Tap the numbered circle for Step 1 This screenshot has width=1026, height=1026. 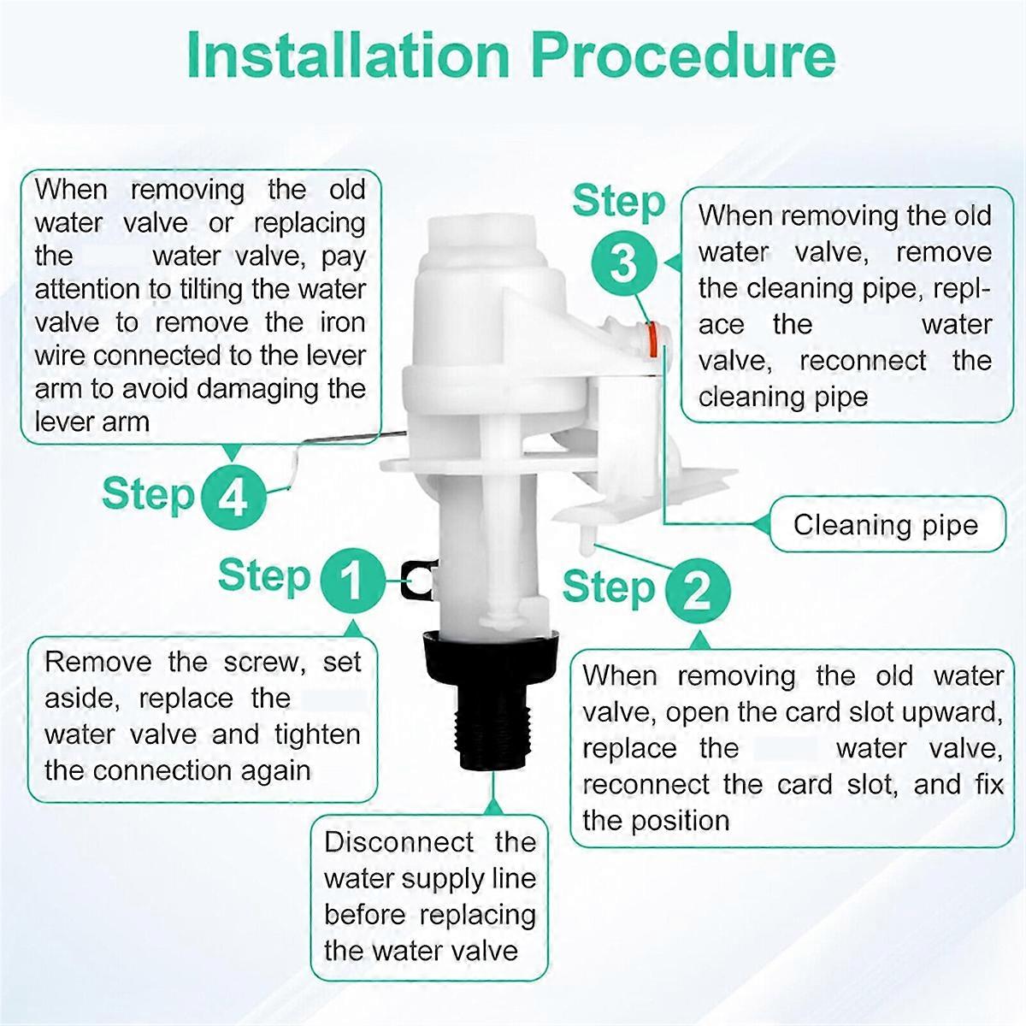coord(352,581)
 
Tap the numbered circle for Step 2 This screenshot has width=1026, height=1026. coord(697,589)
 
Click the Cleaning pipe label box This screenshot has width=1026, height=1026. coord(886,524)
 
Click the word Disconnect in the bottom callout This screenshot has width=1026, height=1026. coord(399,842)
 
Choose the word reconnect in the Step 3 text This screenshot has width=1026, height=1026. coord(863,361)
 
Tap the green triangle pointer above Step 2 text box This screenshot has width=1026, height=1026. coord(700,640)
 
